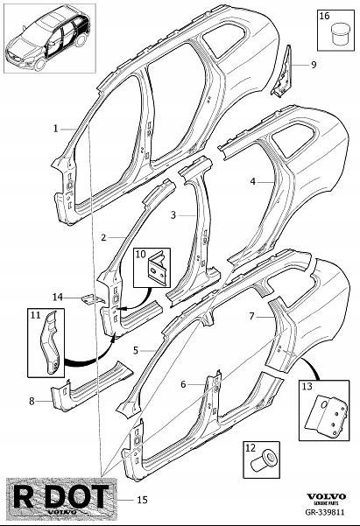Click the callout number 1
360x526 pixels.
click(56, 129)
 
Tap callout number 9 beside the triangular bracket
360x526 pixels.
click(314, 65)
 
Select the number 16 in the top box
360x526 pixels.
click(325, 16)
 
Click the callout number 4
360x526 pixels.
click(253, 181)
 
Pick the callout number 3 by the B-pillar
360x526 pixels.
click(173, 215)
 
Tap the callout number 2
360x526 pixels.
click(103, 237)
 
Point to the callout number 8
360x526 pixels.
click(32, 401)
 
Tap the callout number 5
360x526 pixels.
click(136, 351)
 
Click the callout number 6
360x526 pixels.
click(183, 384)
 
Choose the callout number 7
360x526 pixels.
click(252, 316)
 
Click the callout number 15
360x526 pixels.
click(143, 500)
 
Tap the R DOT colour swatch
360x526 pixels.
click(61, 496)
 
